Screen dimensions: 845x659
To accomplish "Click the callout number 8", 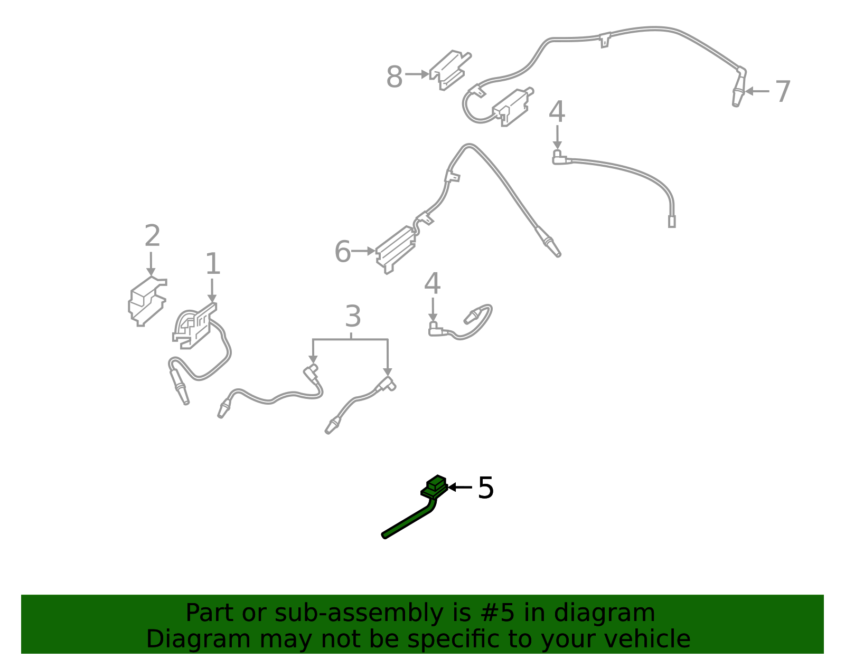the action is point(394,77).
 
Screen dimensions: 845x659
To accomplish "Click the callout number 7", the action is point(782,92).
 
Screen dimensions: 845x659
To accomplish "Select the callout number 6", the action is point(343,252).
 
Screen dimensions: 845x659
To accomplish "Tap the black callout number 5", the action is point(486,488).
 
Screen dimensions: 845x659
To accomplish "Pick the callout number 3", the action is point(353,316).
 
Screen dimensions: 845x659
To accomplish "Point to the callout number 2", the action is point(152,235).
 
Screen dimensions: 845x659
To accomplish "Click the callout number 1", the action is point(213,264).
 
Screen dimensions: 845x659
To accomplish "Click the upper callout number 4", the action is point(557,111).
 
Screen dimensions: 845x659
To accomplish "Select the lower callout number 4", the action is point(433,283).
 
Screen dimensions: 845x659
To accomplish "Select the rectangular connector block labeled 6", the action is point(395,250).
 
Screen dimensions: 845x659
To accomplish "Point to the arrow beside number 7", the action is point(757,91).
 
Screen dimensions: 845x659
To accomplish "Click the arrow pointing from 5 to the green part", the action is point(460,487).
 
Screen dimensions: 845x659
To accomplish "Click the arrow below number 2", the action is point(151,264).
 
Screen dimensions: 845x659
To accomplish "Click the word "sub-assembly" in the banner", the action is point(359,613).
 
